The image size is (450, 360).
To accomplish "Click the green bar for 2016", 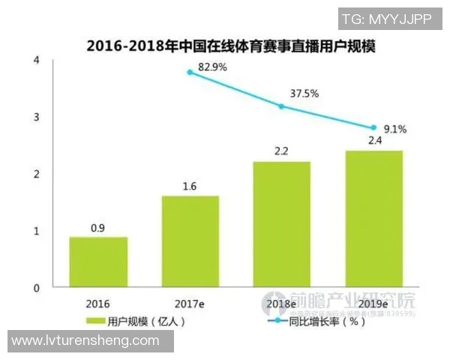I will coord(98,262).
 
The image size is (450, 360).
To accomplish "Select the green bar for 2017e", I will coord(190,241).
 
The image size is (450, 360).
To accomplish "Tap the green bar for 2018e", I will coord(281,224).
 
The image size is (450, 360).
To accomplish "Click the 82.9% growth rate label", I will coord(212,67).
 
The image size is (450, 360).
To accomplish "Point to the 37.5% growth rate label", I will coord(304,94).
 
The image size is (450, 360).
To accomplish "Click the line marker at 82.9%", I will coord(190,72).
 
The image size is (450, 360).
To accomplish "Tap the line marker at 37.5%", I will coord(281,106).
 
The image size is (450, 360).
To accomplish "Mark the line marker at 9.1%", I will coord(373,127).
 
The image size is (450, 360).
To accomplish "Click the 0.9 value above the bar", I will coord(98,225).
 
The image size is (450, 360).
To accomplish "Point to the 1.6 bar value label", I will coord(190,184).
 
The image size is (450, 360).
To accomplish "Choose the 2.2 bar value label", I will coord(281,150).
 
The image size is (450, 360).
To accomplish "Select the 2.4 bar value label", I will coord(373,139).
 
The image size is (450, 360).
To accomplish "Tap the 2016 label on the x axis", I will coord(98,304).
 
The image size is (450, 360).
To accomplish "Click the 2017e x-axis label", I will coord(190,304).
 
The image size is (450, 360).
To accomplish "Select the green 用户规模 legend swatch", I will coord(94,321).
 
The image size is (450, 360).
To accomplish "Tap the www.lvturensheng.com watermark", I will coord(85,341).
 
